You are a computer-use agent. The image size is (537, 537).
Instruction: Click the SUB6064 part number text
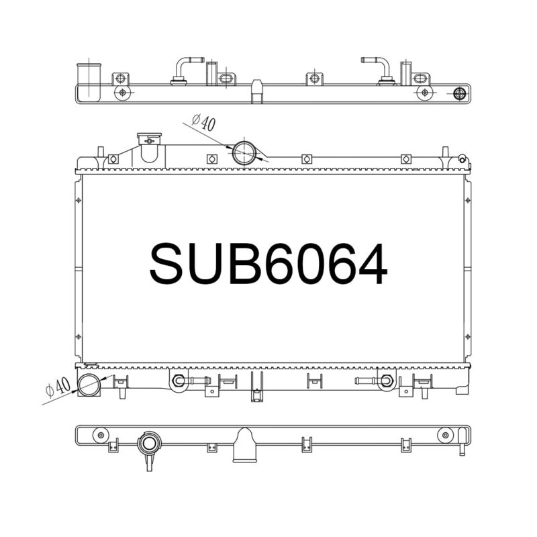click(268, 264)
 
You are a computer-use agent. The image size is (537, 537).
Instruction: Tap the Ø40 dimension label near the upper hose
click(204, 123)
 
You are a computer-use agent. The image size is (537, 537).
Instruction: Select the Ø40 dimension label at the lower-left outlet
click(58, 387)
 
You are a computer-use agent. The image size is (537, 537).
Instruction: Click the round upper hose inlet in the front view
click(244, 153)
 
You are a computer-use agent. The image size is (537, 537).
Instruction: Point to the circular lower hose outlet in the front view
click(89, 385)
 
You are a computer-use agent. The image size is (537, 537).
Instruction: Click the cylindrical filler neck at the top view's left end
click(89, 82)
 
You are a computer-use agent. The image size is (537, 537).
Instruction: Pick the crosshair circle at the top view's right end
click(459, 93)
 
